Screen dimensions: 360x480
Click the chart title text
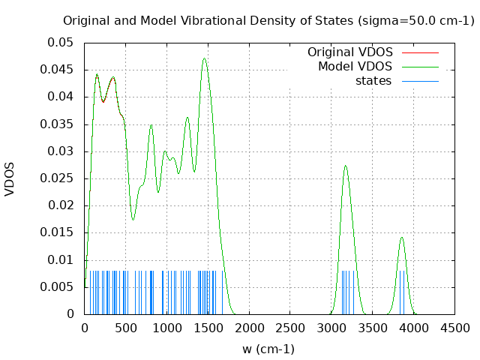click(268, 20)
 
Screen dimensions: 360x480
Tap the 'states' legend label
click(373, 81)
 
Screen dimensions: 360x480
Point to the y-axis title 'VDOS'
click(10, 178)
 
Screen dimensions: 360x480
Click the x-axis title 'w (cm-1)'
click(268, 349)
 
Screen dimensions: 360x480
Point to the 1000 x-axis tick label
click(166, 328)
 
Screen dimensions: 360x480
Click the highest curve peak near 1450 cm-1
click(204, 58)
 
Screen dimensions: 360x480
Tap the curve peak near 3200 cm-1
click(346, 166)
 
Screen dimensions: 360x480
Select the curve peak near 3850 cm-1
click(402, 237)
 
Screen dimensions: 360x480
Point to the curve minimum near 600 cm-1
click(133, 220)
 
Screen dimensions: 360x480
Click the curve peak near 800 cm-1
click(151, 124)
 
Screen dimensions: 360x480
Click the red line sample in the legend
click(420, 52)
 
